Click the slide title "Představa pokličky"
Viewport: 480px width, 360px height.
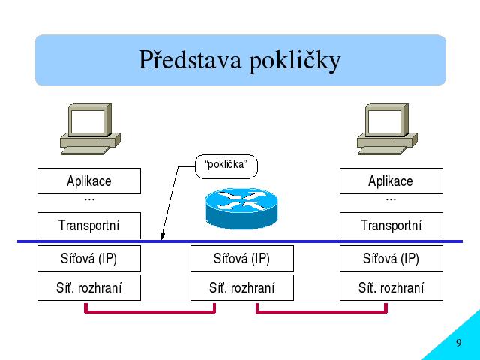click(x=240, y=60)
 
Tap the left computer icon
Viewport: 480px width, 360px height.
click(x=90, y=129)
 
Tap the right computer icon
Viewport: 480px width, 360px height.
click(x=387, y=129)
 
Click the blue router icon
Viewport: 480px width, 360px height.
click(x=241, y=208)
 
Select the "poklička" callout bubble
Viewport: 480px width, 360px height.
click(x=226, y=166)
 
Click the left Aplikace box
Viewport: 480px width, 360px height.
click(x=89, y=181)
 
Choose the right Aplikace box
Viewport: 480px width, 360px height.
click(x=391, y=181)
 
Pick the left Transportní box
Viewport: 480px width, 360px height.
click(x=89, y=226)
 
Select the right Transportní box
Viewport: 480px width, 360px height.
click(x=391, y=226)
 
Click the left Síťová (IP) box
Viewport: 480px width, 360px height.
click(x=89, y=258)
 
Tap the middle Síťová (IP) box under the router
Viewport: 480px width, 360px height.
click(x=242, y=258)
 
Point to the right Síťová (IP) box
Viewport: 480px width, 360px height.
click(x=391, y=258)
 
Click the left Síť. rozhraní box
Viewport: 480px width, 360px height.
click(x=89, y=288)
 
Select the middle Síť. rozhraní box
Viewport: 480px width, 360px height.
click(x=242, y=288)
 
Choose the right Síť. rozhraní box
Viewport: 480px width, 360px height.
click(x=391, y=288)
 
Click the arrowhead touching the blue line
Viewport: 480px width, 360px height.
click(x=163, y=237)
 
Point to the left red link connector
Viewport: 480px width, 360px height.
click(x=150, y=312)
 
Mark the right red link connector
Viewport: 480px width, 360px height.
click(x=322, y=312)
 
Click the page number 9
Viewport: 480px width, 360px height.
click(x=458, y=342)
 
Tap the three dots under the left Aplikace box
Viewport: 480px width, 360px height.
click(x=89, y=200)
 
